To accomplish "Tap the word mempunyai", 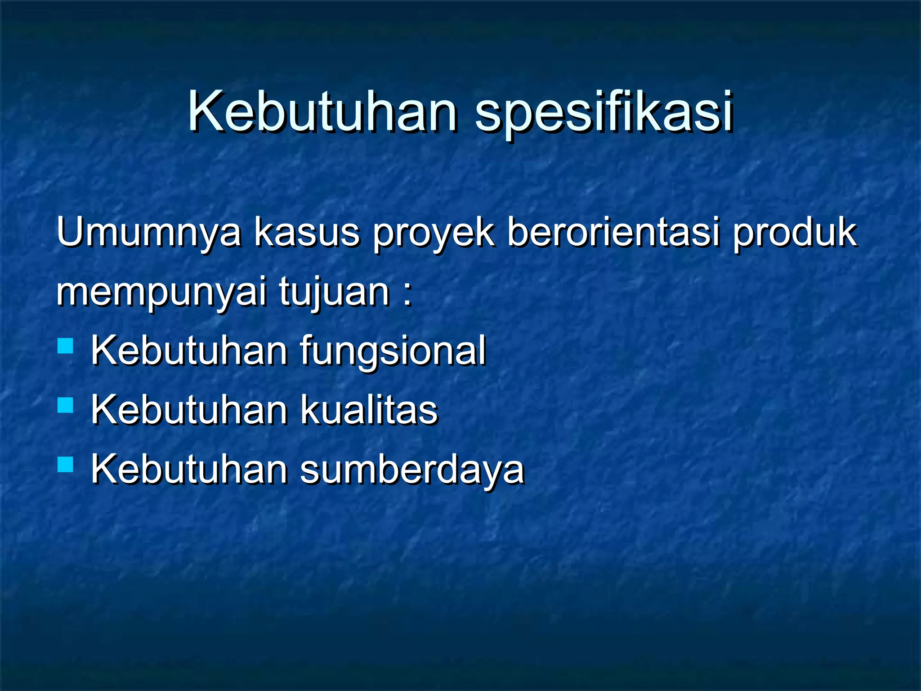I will pos(162,292).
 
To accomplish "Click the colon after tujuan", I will pos(407,295).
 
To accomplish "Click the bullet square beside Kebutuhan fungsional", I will pos(66,346).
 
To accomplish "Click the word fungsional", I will pos(393,351).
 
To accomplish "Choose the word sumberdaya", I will pos(412,470).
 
